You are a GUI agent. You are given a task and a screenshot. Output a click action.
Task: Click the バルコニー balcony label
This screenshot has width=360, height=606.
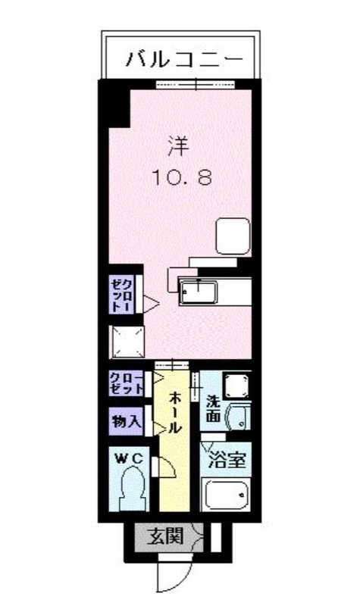184,59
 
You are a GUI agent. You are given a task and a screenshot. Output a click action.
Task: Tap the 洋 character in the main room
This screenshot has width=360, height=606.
178,146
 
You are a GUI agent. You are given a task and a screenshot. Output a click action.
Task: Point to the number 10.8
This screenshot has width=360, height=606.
183,177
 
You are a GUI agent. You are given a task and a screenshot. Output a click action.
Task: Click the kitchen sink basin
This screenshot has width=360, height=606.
199,292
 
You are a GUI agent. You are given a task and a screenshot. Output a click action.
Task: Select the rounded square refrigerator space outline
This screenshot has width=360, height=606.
233,236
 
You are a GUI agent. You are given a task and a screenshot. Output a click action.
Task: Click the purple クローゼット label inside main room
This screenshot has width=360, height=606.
121,295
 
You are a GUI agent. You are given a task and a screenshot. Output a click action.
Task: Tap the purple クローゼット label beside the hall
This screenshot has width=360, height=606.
126,383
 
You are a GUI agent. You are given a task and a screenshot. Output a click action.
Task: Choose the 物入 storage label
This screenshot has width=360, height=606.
126,421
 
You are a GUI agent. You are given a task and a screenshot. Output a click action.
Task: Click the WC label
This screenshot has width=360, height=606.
130,459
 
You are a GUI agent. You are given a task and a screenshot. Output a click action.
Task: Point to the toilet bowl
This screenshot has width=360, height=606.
133,488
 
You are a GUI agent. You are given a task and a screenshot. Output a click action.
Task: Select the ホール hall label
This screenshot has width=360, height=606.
174,412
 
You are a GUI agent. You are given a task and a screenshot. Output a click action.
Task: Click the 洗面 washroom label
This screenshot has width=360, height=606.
213,408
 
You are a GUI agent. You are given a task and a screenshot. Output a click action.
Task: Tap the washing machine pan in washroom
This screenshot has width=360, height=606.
237,386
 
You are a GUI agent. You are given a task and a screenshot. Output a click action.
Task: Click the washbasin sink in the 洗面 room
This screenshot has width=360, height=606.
239,417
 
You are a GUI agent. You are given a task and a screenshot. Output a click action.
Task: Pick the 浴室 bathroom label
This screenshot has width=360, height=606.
227,460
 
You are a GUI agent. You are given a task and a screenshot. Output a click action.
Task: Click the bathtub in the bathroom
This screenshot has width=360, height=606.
226,495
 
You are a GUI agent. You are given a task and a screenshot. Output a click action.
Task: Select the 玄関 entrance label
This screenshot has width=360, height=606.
164,536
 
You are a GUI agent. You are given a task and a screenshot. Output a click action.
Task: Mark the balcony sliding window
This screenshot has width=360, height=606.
196,84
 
